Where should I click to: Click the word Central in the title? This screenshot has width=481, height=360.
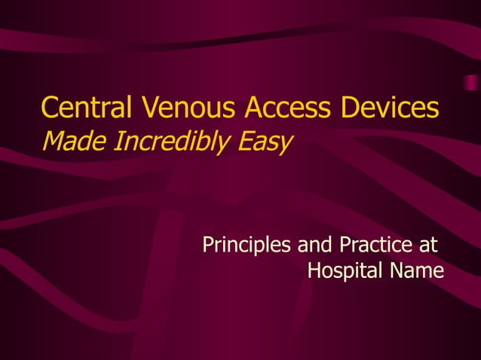84,108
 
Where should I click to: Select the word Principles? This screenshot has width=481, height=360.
248,246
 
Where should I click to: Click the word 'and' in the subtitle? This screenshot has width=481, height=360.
317,246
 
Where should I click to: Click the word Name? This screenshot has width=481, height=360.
418,270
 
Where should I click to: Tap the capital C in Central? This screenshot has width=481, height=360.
50,108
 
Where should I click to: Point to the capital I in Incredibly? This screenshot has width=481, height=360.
114,141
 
